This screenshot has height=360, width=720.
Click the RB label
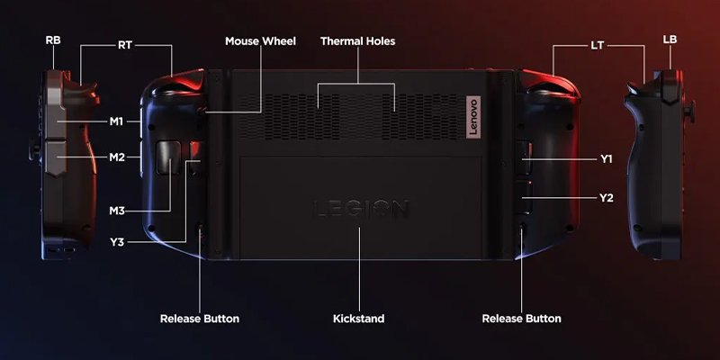53,40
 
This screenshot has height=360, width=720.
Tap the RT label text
125,46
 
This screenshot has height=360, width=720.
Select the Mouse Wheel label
260,41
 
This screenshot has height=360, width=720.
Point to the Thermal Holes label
357,41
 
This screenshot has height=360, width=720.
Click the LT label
597,46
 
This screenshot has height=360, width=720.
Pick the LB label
670,40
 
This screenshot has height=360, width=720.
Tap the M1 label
117,121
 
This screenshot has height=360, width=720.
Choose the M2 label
117,157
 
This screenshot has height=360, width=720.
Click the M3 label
117,211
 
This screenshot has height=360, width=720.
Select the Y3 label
117,242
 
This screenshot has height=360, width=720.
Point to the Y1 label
606,159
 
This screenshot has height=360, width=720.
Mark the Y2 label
606,198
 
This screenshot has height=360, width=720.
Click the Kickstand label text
358,319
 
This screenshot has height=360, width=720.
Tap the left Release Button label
200,319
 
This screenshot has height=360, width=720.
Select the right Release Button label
522,319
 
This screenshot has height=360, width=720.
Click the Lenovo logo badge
473,117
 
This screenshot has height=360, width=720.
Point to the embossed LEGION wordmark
361,210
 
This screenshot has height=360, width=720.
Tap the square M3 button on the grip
168,157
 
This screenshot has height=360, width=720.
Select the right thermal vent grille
421,117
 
